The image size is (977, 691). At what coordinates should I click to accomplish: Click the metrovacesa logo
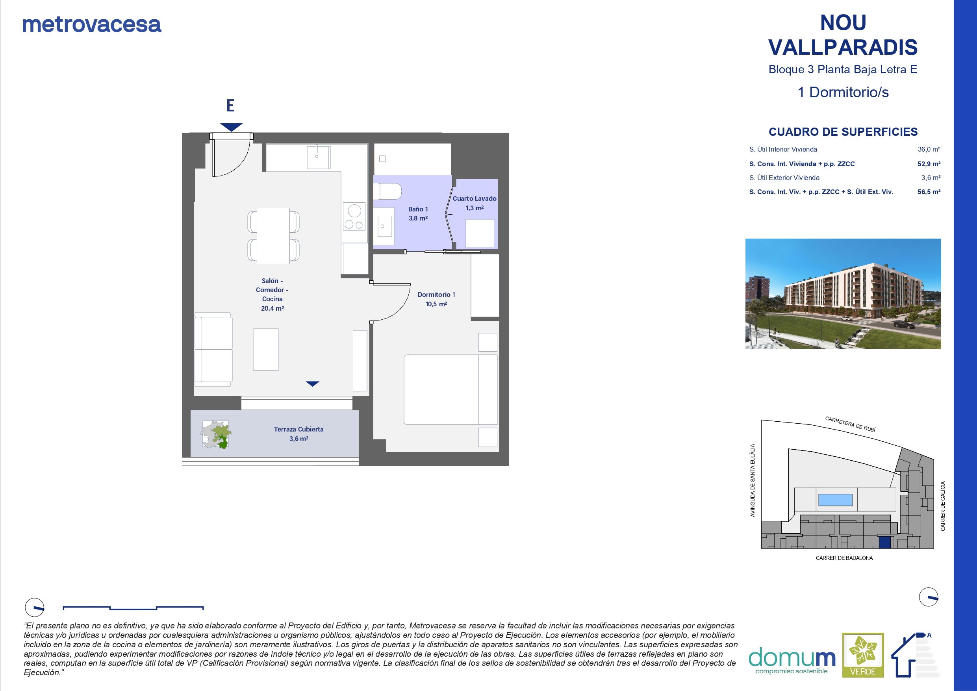point(91,24)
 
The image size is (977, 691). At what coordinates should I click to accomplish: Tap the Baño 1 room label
point(418,213)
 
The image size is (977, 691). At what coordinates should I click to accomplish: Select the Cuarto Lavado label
point(475,203)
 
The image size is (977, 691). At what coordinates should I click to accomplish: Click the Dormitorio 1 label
point(436,299)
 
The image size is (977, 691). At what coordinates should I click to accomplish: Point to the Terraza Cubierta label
point(299,433)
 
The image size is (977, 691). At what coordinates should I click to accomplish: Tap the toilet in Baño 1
point(387,191)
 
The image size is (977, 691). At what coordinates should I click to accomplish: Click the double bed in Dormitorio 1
point(450,390)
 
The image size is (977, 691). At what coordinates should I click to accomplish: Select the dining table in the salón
point(273,236)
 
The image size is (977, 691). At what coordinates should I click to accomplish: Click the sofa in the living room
point(213,349)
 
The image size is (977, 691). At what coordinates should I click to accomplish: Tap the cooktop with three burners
point(354,216)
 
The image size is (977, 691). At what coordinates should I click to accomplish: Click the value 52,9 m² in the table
point(929,164)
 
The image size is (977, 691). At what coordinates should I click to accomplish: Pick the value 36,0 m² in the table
point(929,149)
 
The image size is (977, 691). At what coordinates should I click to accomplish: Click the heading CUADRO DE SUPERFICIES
point(843,132)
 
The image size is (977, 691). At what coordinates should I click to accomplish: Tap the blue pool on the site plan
point(835,500)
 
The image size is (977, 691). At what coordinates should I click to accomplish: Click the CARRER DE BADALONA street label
point(844,558)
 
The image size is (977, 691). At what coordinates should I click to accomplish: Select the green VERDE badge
point(863,655)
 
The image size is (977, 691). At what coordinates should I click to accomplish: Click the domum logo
point(792,661)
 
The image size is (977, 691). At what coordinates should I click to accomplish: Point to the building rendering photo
point(843,294)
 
